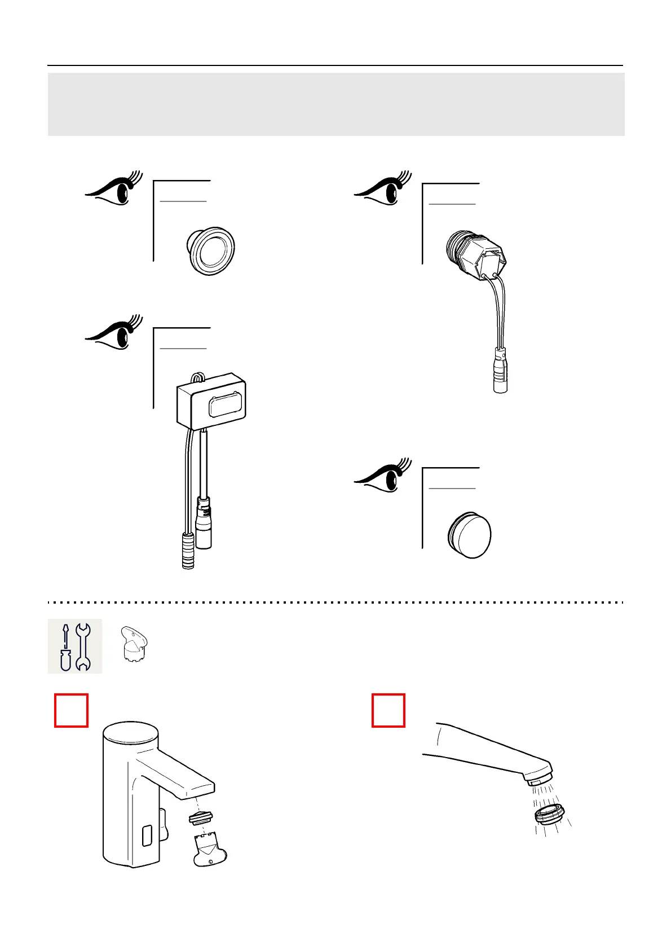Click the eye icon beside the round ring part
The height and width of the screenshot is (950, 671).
point(110,190)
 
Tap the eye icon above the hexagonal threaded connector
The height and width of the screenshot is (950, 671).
point(379,191)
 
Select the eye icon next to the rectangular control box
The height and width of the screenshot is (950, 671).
point(110,335)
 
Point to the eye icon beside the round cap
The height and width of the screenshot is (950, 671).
point(379,477)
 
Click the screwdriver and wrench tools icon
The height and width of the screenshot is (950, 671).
point(75,646)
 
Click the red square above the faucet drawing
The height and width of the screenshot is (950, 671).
point(71,710)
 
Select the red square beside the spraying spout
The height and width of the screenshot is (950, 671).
point(389,710)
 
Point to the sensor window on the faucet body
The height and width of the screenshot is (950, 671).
point(147,835)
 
